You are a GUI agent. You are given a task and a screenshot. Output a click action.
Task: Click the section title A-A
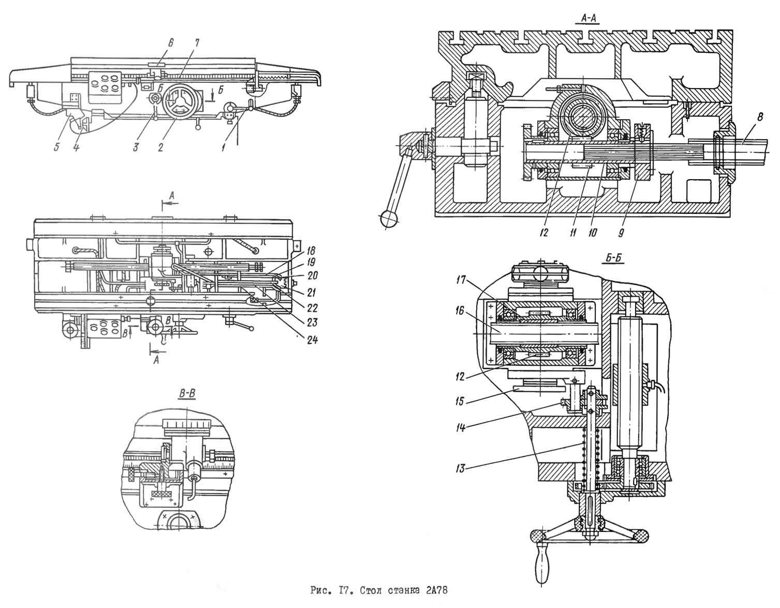click(587, 18)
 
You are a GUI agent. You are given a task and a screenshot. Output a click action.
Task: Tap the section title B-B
click(187, 394)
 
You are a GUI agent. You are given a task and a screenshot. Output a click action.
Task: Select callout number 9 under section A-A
click(621, 233)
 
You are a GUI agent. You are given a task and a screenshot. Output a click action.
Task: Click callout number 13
click(460, 468)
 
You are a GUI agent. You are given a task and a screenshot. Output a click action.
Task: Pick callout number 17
click(461, 280)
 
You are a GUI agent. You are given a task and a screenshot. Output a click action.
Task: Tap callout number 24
click(312, 340)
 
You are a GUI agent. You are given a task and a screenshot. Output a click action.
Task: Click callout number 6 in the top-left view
click(170, 44)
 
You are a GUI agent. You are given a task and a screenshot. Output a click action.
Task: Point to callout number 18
click(311, 250)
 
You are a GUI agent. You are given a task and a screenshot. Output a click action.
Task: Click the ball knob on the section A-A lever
click(388, 218)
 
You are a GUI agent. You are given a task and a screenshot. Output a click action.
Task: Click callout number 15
click(460, 401)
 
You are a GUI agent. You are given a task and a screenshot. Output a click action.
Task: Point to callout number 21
click(312, 292)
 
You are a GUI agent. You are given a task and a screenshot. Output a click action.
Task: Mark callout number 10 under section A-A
click(593, 233)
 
